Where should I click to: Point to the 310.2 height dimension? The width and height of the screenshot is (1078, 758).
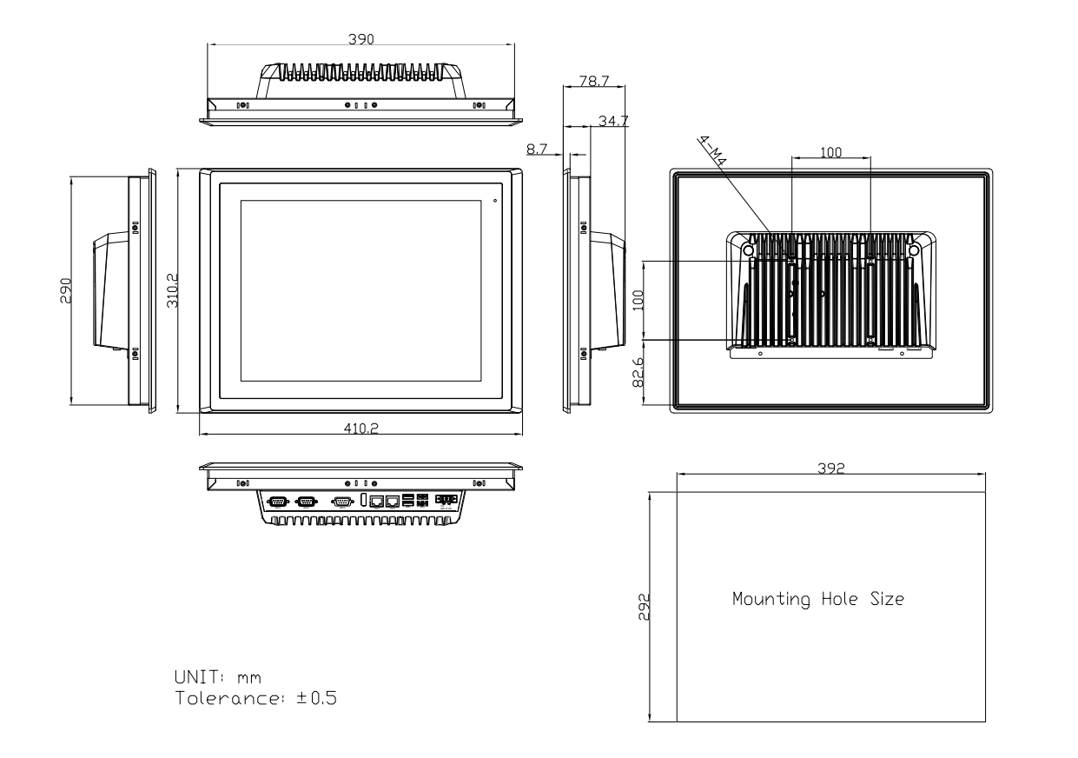[x=174, y=291]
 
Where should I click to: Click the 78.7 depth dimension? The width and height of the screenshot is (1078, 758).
[x=593, y=81]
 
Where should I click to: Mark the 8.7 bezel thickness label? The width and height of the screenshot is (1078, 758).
[x=536, y=150]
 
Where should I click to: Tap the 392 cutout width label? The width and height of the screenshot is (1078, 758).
[x=831, y=467]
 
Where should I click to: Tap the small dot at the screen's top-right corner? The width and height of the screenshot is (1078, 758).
[x=495, y=201]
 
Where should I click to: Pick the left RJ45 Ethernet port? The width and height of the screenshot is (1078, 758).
[x=377, y=501]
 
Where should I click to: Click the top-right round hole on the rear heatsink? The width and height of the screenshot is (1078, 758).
[x=913, y=249]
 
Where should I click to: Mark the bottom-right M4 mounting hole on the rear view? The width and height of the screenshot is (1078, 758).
[x=870, y=340]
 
